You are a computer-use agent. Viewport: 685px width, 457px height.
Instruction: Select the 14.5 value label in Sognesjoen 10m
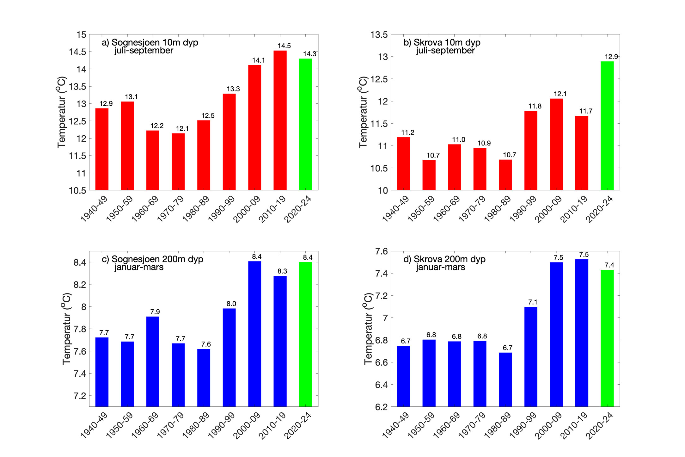[284, 46]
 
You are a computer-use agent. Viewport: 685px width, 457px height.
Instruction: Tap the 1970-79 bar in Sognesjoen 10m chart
[178, 162]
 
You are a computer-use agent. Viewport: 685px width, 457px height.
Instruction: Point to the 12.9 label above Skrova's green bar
[611, 57]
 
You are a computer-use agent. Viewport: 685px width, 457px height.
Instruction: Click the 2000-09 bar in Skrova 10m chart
[556, 144]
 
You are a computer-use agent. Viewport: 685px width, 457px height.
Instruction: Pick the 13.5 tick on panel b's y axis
[379, 34]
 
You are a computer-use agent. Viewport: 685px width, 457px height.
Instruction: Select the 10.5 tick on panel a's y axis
[77, 190]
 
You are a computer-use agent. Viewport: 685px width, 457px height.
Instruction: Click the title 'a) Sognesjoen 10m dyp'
[150, 42]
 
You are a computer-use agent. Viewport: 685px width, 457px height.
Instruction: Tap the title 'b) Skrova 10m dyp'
[442, 42]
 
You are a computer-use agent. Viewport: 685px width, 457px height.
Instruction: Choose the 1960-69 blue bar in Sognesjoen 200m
[153, 361]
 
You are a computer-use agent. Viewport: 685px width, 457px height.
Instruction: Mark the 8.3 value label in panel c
[282, 271]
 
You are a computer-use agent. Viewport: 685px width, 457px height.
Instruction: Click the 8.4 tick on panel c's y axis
[80, 262]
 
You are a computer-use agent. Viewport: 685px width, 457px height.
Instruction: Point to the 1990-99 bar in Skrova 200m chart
[531, 356]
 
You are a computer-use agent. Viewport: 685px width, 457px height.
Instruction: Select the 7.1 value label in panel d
[533, 302]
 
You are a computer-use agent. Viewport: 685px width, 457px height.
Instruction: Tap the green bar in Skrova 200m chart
[607, 338]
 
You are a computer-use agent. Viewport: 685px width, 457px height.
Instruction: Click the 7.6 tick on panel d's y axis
[381, 251]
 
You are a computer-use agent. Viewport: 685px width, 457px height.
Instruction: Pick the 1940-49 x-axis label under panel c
[94, 425]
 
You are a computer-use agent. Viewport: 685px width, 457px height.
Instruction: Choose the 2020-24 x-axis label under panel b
[599, 209]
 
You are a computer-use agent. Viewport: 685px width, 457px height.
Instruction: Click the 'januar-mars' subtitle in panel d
[440, 267]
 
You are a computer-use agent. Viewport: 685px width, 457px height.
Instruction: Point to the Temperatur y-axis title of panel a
[61, 112]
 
